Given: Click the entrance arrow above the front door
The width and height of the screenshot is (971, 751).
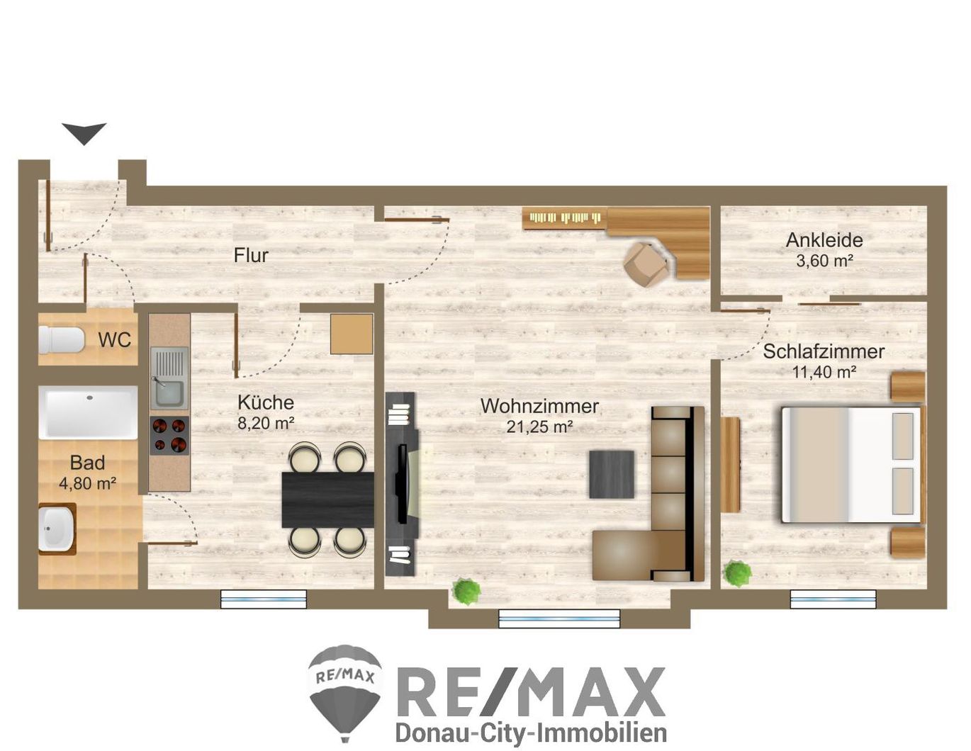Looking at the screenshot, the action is tap(84, 133).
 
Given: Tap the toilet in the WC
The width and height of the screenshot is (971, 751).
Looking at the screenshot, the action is tap(61, 340).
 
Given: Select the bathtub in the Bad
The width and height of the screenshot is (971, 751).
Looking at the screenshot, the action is tap(88, 412).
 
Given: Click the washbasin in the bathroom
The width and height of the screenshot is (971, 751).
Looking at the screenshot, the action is tap(57, 529).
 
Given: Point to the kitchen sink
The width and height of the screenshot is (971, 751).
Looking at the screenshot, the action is tap(169, 378).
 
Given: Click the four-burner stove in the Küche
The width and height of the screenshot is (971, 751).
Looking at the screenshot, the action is tap(169, 435).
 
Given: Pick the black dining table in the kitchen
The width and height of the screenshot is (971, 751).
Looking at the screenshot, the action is tap(328, 500).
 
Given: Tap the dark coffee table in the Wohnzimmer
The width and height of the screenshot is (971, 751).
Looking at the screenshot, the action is tap(611, 474).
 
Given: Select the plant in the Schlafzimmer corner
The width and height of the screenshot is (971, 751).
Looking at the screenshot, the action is tap(738, 573).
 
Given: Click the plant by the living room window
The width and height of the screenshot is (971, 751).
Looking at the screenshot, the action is tap(466, 592).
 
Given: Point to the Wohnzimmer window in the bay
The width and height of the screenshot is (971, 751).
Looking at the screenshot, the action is tap(559, 619).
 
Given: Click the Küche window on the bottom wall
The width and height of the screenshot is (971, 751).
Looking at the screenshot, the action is tap(264, 599).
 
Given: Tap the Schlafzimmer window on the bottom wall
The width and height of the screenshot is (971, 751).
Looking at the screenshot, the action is tap(833, 599).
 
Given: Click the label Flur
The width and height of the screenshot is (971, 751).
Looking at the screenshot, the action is tap(251, 256).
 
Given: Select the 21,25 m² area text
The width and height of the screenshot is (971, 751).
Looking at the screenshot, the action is tap(539, 427).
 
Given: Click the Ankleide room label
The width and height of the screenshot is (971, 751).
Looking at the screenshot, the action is tap(824, 240).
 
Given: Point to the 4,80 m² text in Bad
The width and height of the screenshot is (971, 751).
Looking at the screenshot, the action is tap(88, 483).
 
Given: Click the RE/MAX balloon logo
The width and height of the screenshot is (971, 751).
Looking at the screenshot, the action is tap(345, 694).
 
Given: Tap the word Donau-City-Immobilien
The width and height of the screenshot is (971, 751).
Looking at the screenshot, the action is tap(531, 733).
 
